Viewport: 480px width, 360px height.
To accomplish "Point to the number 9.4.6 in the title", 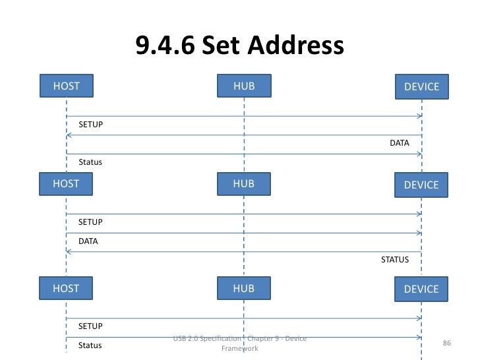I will coord(165,45).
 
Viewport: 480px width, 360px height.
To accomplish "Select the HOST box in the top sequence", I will coord(66,86).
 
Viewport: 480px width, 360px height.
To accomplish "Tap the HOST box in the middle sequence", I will coord(66,184).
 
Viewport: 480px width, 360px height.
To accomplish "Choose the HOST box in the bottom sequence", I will coord(66,288).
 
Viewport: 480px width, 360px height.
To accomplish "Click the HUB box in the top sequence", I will coord(243,86).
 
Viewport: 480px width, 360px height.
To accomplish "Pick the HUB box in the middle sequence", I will coord(243,184).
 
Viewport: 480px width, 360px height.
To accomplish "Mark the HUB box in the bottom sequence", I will coord(243,288).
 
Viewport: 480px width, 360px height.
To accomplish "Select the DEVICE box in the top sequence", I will coord(421,87).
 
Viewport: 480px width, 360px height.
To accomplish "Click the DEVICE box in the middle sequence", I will coord(421,185).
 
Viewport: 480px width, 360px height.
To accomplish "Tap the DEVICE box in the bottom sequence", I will coord(421,289).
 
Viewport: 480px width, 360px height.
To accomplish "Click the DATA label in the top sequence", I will coord(399,142).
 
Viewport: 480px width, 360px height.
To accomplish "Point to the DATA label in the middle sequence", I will coord(88,241).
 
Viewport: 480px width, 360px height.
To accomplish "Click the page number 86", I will coord(446,344).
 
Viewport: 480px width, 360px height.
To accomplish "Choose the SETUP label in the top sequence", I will coord(90,124).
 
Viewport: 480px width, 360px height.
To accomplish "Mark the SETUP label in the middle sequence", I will coord(90,222).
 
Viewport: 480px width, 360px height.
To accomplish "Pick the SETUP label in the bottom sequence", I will coord(90,326).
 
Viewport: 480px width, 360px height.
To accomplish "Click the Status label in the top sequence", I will coord(90,162).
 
